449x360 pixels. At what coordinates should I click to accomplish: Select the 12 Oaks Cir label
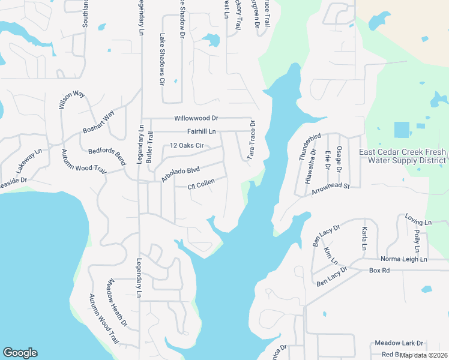point(187,145)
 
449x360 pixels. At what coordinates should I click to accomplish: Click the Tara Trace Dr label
point(253,139)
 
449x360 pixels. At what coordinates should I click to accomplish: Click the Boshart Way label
point(98,124)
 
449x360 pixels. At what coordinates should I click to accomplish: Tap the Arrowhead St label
point(331,190)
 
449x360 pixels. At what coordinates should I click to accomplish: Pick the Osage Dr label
point(339,159)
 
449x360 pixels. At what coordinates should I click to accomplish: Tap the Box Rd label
point(379,271)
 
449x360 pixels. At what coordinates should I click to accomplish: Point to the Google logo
point(20,353)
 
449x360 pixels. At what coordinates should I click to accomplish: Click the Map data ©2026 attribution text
point(423,355)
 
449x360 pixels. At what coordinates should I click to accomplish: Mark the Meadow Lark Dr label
point(399,343)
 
